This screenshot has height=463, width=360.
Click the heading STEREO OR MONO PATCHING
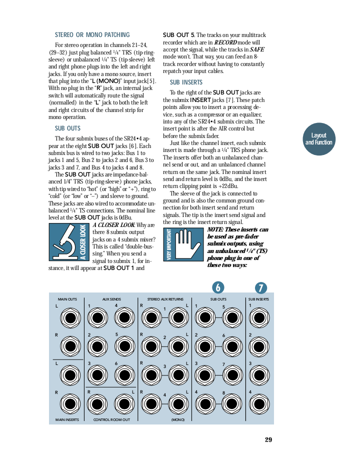coord(92,35)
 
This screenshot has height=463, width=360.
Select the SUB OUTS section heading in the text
coord(67,128)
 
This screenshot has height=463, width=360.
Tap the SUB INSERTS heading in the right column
coord(186,82)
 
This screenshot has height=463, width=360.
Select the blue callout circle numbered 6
coord(217,287)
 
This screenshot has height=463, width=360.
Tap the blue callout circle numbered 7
coord(260,287)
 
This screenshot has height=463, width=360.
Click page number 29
coord(268,440)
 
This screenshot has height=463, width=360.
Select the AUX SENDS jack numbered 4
coord(123,317)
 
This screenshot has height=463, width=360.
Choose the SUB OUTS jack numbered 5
coord(232,317)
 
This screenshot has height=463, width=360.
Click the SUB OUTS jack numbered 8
coord(232,403)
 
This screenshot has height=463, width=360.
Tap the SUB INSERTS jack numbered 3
coord(258,375)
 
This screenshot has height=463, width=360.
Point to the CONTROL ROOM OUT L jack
coord(123,403)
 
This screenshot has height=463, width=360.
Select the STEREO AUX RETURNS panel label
coord(165,299)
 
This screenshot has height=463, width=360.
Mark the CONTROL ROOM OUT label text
coord(111,420)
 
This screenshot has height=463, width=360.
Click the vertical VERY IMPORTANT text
coord(169,244)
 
